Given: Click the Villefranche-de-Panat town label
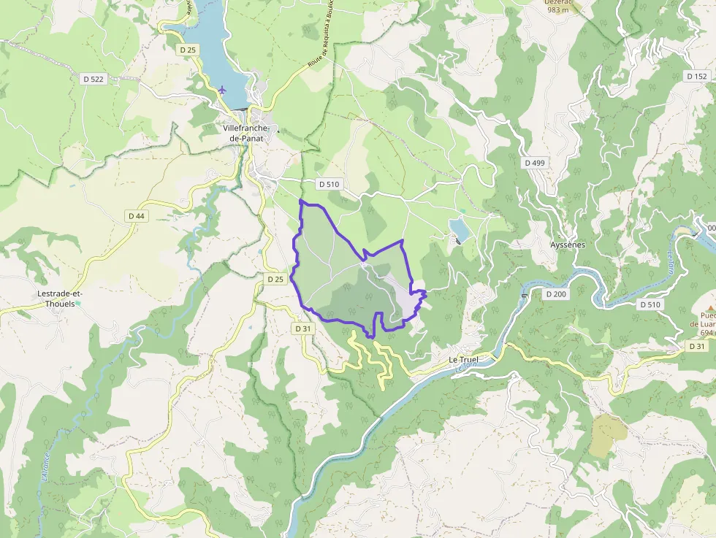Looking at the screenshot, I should click(x=246, y=133).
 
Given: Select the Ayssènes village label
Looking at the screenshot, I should click(x=567, y=245).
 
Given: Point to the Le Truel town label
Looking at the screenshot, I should click(x=462, y=360).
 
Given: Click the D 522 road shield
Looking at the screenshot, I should click(x=94, y=79).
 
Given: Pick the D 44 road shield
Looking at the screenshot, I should click(x=137, y=216).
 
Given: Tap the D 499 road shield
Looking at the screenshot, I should click(x=535, y=163).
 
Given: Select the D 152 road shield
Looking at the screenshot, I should click(x=697, y=76).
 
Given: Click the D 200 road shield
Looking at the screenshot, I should click(x=556, y=293).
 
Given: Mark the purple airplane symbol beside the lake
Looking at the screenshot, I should click(x=222, y=90).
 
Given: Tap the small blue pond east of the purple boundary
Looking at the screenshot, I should click(x=460, y=230).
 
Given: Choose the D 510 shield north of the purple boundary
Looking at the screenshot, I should click(x=329, y=184).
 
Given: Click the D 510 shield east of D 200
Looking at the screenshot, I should click(x=649, y=304).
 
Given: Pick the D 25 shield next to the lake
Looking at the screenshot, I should click(x=188, y=50).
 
